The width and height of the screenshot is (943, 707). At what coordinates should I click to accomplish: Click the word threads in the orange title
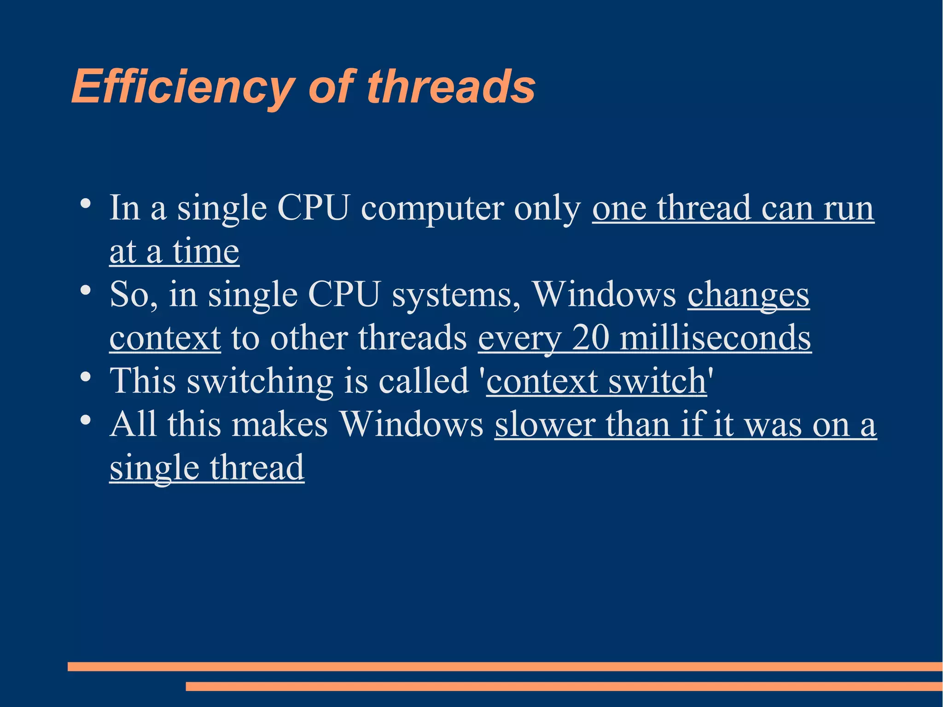point(451,87)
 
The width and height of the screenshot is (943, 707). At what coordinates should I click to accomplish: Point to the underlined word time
point(206,252)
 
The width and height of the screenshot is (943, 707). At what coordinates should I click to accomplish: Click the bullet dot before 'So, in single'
point(85,290)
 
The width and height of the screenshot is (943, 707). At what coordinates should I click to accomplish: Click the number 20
point(590,338)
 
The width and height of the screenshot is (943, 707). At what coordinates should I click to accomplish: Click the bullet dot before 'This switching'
point(85,377)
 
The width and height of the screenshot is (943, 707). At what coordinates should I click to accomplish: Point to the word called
point(424,381)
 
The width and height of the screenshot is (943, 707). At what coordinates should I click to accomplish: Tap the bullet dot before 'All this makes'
point(85,420)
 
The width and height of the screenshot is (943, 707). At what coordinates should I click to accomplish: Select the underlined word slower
point(545,425)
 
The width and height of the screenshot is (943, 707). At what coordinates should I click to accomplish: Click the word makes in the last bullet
point(279,425)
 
